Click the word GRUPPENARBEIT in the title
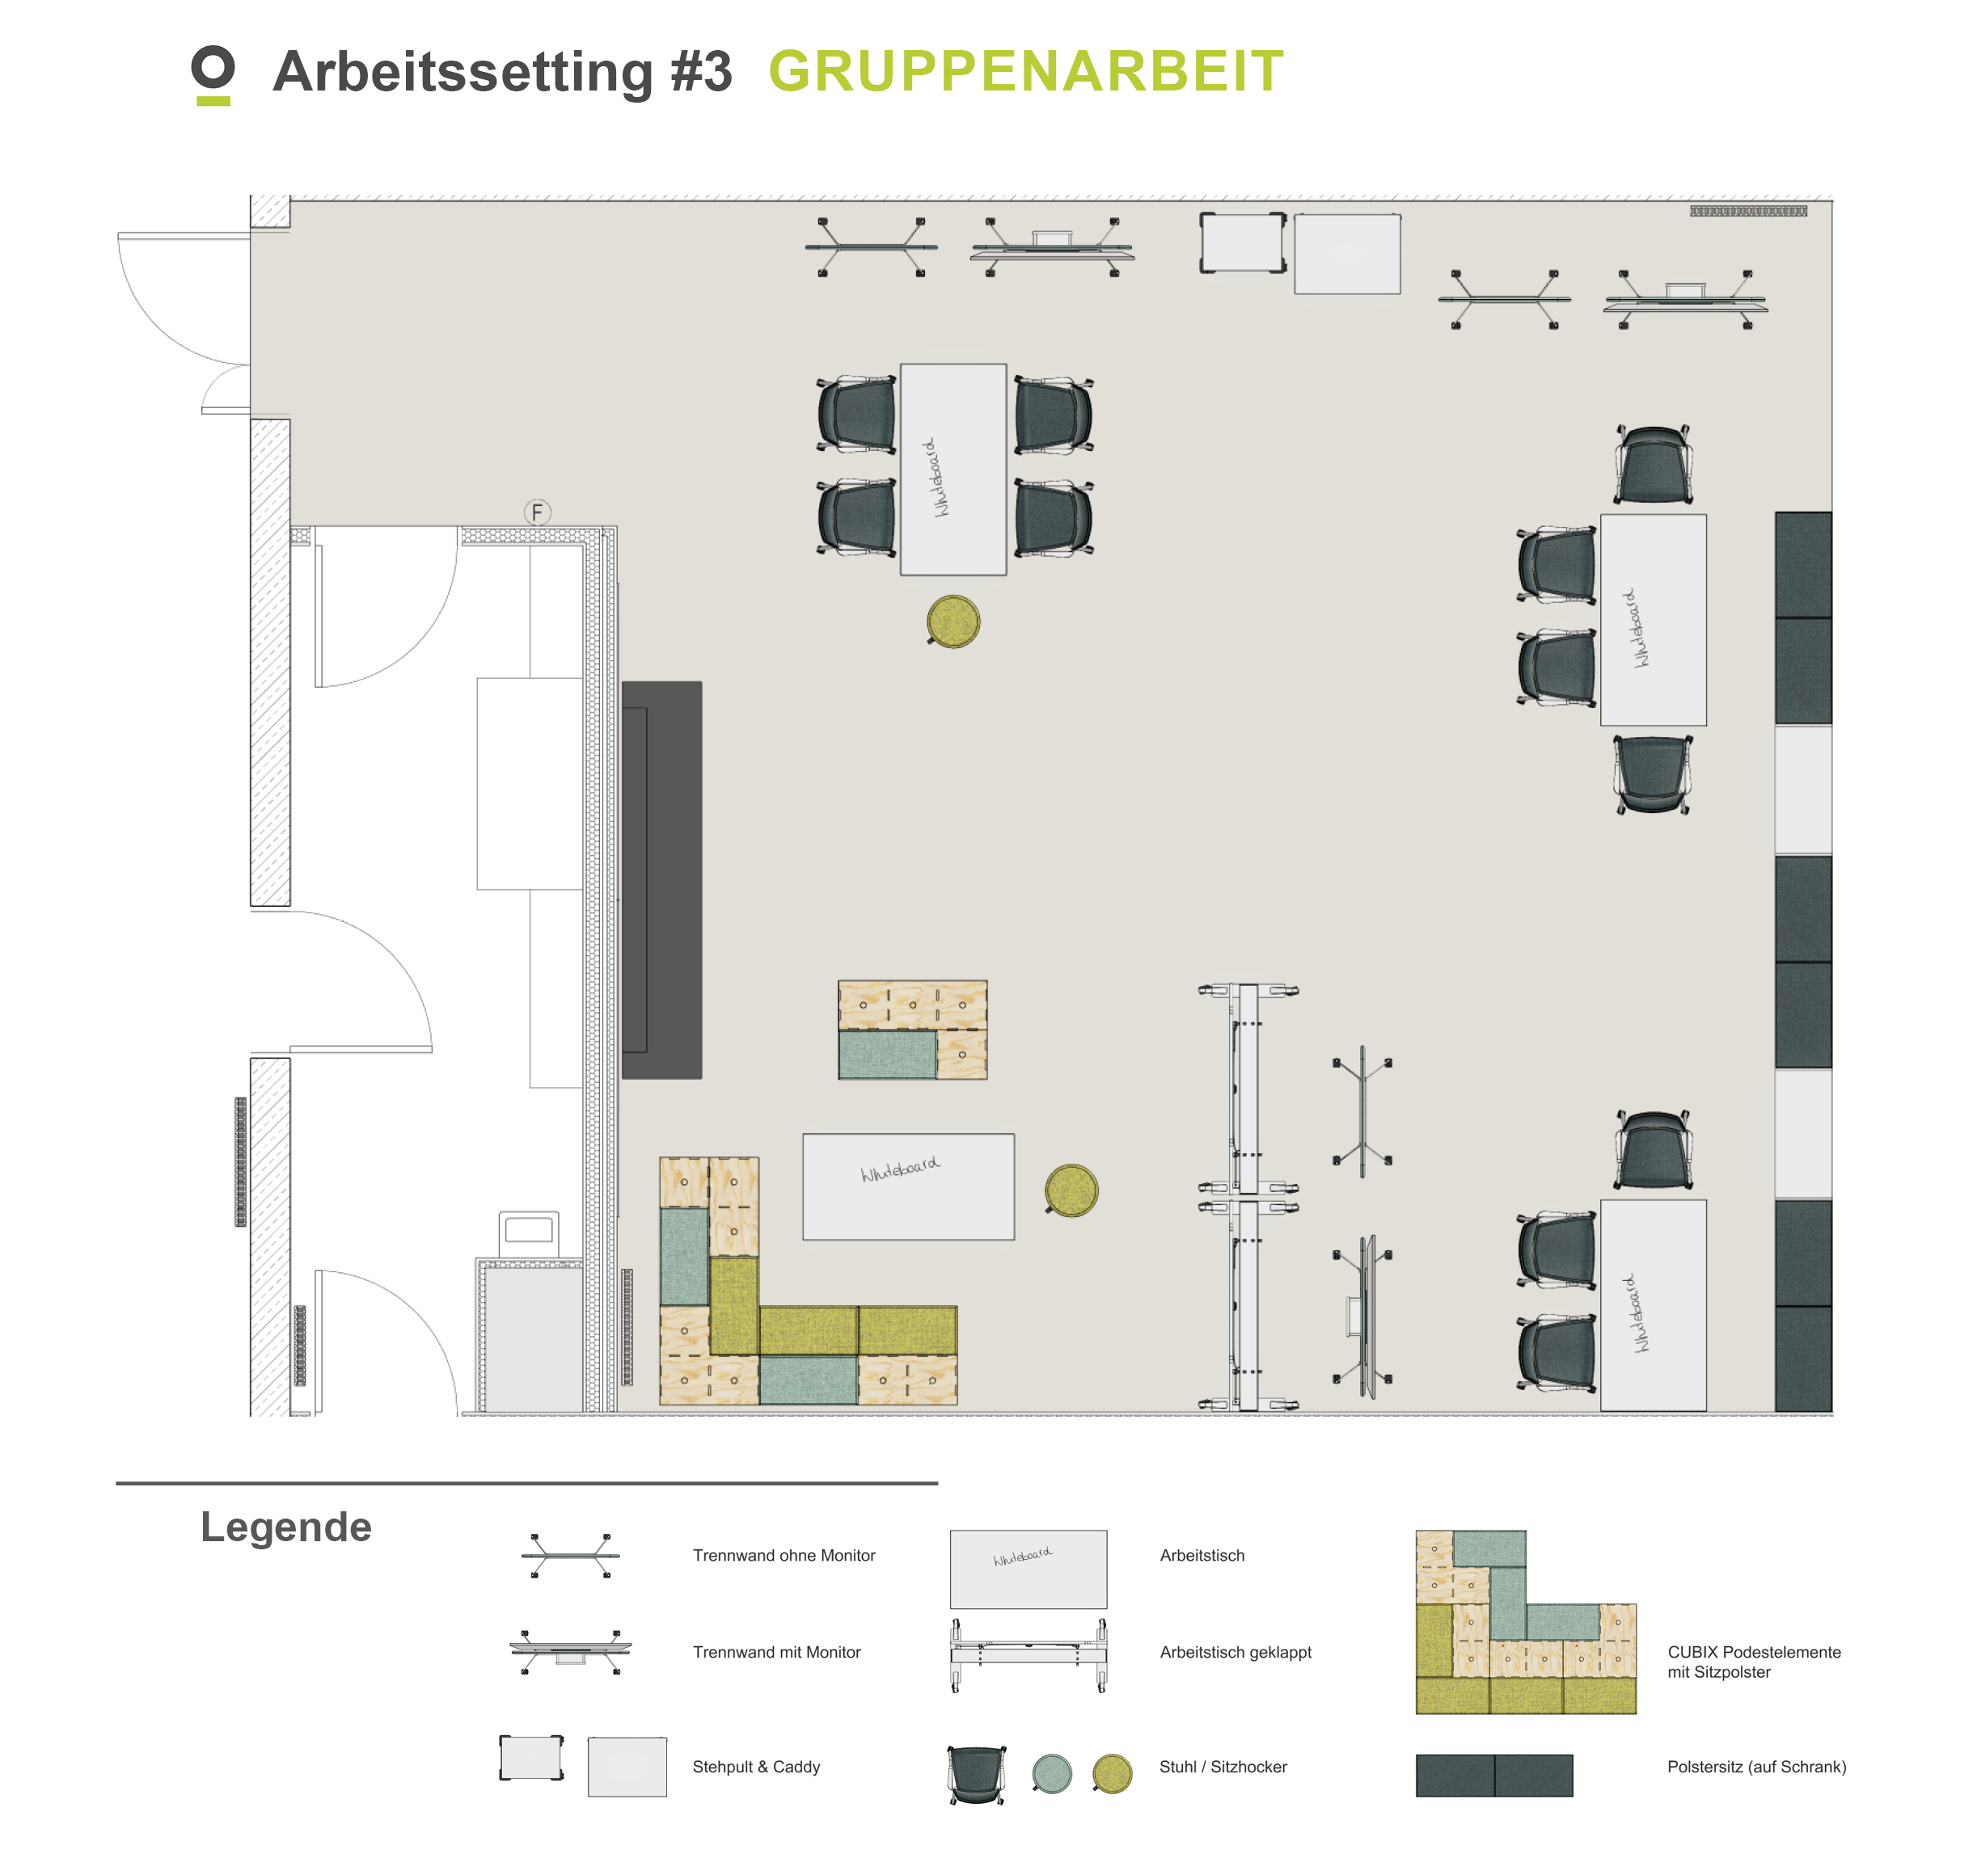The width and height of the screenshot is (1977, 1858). click(1026, 72)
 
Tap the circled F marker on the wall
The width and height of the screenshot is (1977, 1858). click(537, 512)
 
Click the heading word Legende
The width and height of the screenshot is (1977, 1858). click(286, 1527)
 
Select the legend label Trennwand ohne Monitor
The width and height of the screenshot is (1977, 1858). click(784, 1556)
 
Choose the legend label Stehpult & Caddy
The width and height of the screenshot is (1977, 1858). click(756, 1767)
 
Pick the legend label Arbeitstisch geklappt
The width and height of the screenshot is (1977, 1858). click(1236, 1652)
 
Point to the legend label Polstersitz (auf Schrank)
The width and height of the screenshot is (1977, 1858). click(1756, 1767)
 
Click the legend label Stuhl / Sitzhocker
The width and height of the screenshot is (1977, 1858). click(1223, 1767)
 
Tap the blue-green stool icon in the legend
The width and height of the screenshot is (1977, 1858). click(1052, 1772)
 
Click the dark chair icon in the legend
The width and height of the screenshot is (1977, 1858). click(977, 1773)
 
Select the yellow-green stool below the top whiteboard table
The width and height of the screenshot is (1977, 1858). click(953, 621)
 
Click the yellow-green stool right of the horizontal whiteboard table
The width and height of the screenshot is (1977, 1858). click(1071, 1190)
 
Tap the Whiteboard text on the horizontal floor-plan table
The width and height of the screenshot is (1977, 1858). click(900, 1169)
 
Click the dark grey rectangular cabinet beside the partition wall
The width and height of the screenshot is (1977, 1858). click(661, 880)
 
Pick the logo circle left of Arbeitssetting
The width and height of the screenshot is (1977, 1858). click(213, 68)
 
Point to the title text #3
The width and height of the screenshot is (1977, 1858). click(701, 72)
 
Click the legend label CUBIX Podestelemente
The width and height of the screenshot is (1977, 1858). click(1755, 1652)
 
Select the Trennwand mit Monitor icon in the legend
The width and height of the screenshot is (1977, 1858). click(570, 1651)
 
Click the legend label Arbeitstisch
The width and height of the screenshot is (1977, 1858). click(1202, 1556)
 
